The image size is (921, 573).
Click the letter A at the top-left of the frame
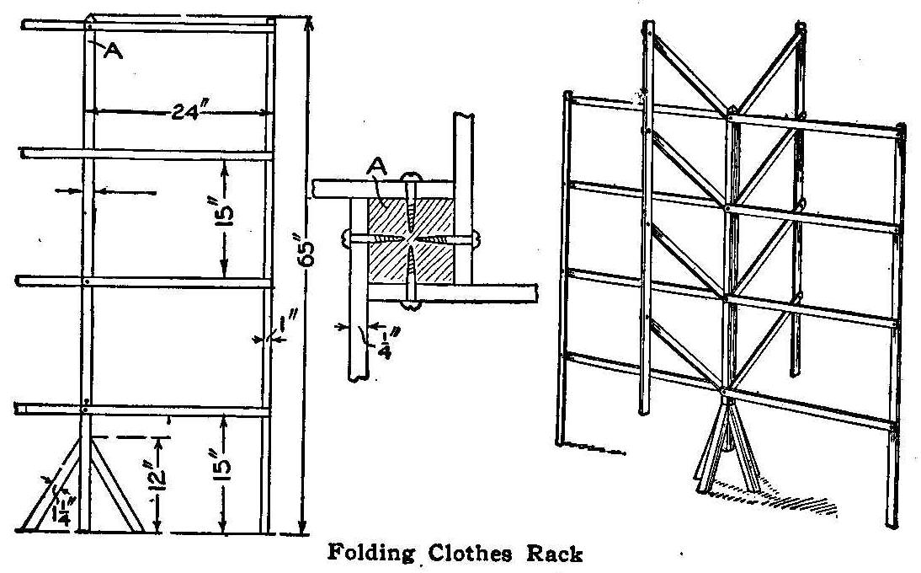click(x=112, y=50)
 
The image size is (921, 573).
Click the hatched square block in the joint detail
click(x=411, y=241)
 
